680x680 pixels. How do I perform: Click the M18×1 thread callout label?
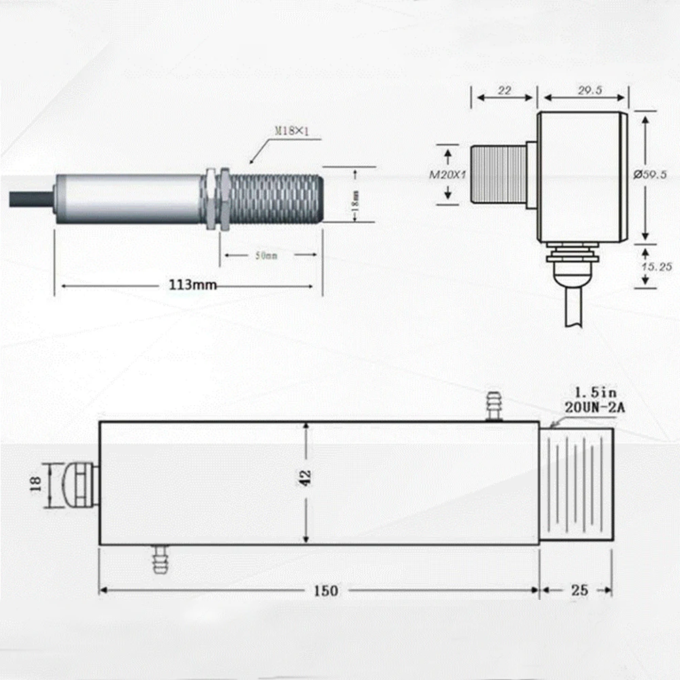coord(292,131)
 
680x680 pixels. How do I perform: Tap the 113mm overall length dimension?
coord(192,285)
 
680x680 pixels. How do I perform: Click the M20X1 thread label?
coord(446,175)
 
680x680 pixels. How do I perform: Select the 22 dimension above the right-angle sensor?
coord(504,90)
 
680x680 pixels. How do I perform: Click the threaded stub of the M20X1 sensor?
coord(498,174)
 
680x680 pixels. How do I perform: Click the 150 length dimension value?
coord(326,590)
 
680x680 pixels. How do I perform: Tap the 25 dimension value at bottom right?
coord(579,590)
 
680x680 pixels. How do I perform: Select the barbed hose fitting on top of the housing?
coord(493,405)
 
